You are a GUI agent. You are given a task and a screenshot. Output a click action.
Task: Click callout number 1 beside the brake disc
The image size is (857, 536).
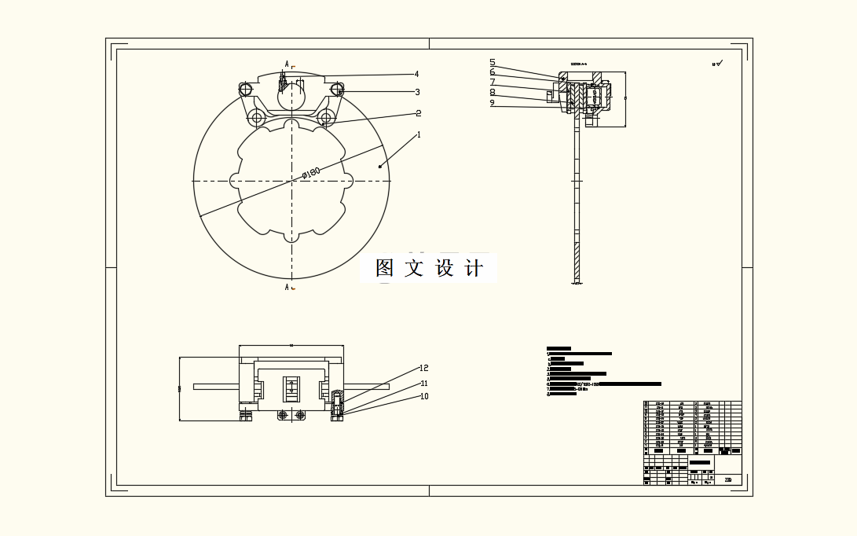[x=419, y=134]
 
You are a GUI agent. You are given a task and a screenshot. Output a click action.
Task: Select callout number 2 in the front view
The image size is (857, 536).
[x=419, y=113]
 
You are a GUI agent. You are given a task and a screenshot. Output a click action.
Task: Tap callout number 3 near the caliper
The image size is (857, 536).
[x=418, y=92]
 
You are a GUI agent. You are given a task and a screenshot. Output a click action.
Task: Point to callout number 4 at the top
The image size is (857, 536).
[x=416, y=75]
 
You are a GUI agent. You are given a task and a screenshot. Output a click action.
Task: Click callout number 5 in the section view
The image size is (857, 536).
[x=493, y=62]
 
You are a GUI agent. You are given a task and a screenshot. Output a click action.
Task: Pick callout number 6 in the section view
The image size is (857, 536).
[x=493, y=72]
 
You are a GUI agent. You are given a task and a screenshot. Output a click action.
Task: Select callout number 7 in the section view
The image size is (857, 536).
[x=493, y=82]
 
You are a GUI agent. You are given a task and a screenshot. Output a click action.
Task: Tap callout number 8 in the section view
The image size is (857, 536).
[x=493, y=92]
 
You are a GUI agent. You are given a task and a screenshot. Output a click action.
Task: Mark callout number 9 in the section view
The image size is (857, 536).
[x=493, y=102]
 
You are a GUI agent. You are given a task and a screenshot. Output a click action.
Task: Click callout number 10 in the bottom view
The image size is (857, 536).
[x=424, y=396]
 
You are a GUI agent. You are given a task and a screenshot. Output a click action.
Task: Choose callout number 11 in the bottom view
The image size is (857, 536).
[x=424, y=384]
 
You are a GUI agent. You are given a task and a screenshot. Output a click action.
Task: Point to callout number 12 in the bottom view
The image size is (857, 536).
[x=424, y=368]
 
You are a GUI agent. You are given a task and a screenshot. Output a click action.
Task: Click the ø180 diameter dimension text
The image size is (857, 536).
[x=311, y=172]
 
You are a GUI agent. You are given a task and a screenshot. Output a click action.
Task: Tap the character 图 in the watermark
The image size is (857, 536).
[x=385, y=268]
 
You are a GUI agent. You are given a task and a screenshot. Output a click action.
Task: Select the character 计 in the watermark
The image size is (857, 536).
[x=474, y=268]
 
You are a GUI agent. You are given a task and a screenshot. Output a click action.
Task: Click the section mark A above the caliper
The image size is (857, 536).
[x=287, y=64]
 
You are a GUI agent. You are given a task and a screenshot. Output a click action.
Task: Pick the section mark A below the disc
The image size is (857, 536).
[x=287, y=287]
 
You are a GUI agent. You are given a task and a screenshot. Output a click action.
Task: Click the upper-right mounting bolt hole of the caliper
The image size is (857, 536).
[x=340, y=91]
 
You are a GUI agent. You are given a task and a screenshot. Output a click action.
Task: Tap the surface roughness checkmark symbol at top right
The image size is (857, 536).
[x=718, y=63]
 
